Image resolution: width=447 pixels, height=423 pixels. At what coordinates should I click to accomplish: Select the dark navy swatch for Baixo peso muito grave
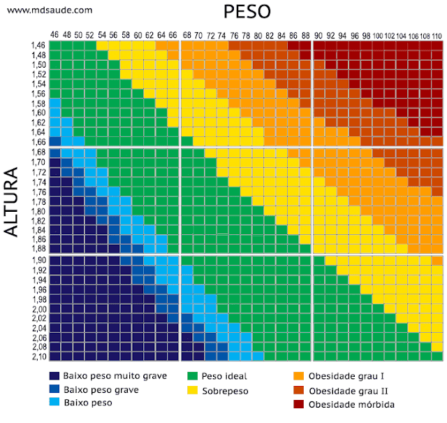point(55,376)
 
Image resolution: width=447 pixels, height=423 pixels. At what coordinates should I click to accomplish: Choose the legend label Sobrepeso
point(225,389)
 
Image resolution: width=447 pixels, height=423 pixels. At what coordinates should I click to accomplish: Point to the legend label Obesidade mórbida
point(352,404)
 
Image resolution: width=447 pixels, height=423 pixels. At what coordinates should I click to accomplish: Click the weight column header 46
point(54,35)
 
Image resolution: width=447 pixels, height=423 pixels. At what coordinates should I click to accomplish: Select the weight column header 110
point(436,35)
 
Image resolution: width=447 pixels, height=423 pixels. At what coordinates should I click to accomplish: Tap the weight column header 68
point(186,35)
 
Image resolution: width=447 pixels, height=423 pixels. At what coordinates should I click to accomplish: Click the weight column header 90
point(318,35)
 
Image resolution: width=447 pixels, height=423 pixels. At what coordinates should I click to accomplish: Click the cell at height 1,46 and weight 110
point(436,45)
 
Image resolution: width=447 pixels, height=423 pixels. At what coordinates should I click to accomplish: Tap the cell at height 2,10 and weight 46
point(54,356)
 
